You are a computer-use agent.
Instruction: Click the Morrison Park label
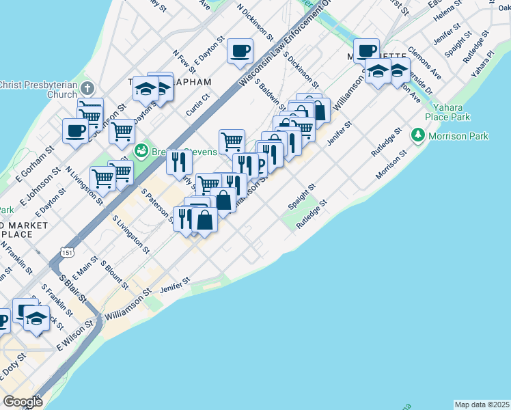[458, 136]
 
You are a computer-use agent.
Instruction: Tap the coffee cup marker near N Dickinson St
[240, 51]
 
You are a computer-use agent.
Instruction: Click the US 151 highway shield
[67, 252]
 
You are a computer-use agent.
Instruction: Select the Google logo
[23, 401]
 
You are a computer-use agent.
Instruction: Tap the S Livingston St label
[130, 233]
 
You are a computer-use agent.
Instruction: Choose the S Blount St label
[114, 274]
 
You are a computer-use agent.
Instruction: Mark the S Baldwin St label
[273, 92]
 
